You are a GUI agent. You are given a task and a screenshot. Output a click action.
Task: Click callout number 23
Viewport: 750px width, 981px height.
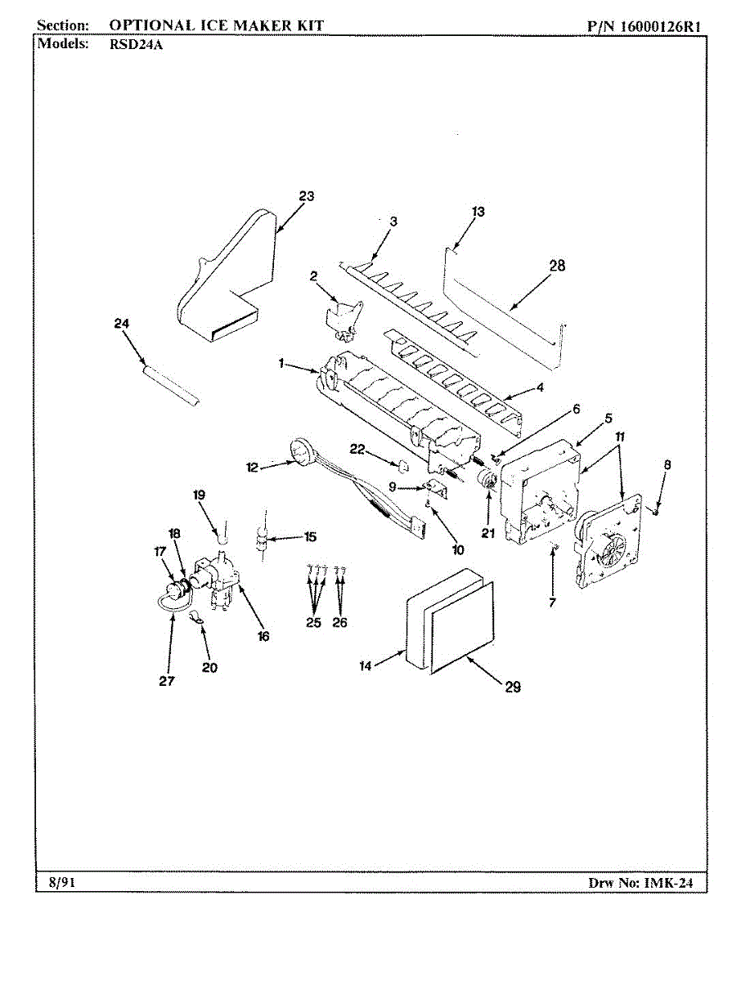(x=306, y=196)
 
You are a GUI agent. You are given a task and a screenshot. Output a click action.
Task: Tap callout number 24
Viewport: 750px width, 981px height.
(x=122, y=323)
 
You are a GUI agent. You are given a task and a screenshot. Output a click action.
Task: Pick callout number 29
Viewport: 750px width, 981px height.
(x=513, y=688)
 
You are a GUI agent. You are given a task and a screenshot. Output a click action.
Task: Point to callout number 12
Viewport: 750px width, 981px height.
(x=253, y=468)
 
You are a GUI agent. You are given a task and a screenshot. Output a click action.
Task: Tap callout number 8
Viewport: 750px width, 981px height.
(x=667, y=464)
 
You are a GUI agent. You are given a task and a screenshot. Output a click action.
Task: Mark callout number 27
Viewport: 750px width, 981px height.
(x=167, y=682)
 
